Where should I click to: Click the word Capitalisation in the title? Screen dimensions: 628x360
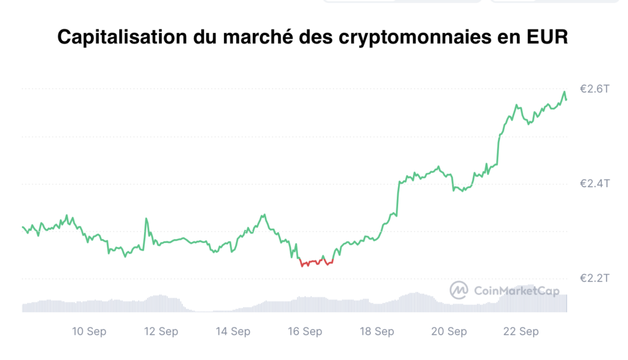(122, 37)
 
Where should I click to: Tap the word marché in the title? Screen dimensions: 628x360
(258, 36)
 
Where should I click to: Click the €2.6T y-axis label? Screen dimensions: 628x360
(594, 89)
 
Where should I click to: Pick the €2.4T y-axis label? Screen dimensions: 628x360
(594, 183)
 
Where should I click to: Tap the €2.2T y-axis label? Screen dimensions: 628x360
(594, 278)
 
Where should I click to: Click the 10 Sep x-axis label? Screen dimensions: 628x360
(89, 332)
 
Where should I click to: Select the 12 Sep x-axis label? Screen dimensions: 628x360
(161, 332)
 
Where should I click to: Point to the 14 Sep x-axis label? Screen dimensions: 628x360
(233, 332)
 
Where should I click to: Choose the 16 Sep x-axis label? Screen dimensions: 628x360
(305, 332)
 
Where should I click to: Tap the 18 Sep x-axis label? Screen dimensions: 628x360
(377, 332)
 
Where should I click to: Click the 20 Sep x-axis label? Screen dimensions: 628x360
(449, 332)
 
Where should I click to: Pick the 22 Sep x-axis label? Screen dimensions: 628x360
(521, 332)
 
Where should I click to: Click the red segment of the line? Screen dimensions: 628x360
(316, 262)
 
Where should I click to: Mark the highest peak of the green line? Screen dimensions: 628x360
(564, 92)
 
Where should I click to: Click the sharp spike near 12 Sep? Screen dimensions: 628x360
(146, 219)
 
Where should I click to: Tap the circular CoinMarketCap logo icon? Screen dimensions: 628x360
(459, 290)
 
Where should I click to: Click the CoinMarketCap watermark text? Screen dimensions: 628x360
(516, 291)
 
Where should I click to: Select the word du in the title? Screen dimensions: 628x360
(205, 36)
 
